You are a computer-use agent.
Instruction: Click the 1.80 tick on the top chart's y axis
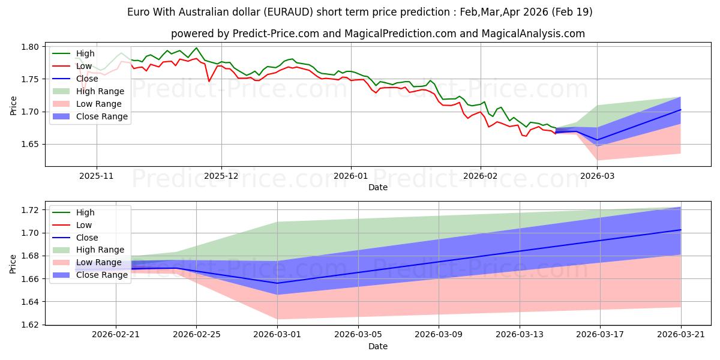[x=30, y=47]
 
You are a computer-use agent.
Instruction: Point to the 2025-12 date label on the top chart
[x=221, y=176]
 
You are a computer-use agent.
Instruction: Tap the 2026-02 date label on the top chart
[x=481, y=176]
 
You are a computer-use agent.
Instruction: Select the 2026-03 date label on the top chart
[x=597, y=176]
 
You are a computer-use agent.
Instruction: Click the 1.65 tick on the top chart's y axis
[x=30, y=145]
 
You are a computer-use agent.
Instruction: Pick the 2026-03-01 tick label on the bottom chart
[x=277, y=335]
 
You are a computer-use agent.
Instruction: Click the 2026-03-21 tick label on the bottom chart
[x=681, y=335]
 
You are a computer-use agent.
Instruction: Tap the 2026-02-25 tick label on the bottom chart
[x=196, y=335]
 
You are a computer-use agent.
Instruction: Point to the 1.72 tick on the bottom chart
[x=30, y=210]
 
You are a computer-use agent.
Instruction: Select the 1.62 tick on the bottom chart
[x=30, y=325]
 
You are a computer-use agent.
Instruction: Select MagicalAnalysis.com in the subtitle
[x=533, y=34]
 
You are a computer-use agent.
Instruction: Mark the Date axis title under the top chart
[x=378, y=187]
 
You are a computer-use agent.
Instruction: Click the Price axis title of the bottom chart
[x=13, y=264]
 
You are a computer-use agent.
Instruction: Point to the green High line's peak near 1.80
[x=196, y=48]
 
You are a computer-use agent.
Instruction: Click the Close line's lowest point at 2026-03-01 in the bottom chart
[x=277, y=283]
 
